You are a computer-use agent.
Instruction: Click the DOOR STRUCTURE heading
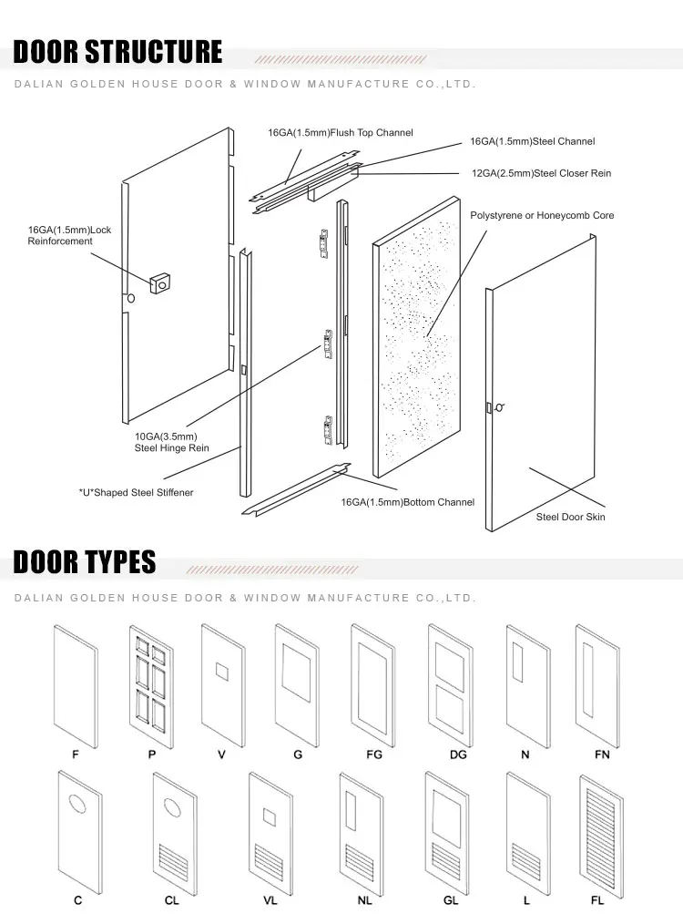tap(117, 52)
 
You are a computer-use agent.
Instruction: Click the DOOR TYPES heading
tap(85, 562)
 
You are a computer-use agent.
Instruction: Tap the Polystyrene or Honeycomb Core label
tap(542, 216)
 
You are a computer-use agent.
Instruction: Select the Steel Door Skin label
tap(570, 517)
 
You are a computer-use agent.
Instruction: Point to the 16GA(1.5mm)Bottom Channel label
tap(407, 502)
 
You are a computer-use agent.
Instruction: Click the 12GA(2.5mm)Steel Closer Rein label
tap(541, 173)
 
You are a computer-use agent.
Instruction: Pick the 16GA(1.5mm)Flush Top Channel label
tap(340, 133)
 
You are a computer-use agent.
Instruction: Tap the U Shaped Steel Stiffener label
tap(136, 493)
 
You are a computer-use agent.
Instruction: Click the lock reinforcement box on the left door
tap(161, 282)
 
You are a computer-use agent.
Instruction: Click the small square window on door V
tap(221, 672)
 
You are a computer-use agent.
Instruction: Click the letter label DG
tap(457, 755)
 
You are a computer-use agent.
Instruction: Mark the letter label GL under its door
tap(449, 900)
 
